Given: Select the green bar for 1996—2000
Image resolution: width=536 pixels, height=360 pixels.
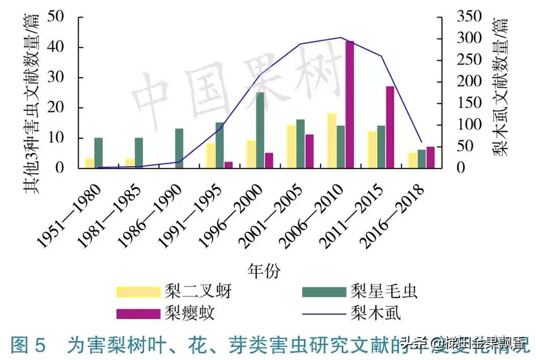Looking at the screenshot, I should click(x=260, y=130).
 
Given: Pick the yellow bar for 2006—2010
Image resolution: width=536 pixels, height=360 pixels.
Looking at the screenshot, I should click(x=332, y=141).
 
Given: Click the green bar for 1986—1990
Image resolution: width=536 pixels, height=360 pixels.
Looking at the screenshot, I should click(x=179, y=149).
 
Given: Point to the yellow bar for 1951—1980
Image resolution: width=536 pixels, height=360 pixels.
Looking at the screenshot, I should click(x=89, y=163).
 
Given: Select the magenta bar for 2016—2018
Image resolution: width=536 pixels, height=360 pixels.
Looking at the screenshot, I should click(x=430, y=158).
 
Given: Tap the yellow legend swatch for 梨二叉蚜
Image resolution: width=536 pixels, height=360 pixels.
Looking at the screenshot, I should click(x=138, y=291).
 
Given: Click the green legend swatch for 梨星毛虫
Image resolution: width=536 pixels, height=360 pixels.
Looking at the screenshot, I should click(x=324, y=291).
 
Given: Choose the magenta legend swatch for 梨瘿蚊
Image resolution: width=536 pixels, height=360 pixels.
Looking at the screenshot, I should click(x=138, y=313).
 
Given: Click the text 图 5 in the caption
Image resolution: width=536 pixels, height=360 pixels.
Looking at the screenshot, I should click(x=27, y=345).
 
